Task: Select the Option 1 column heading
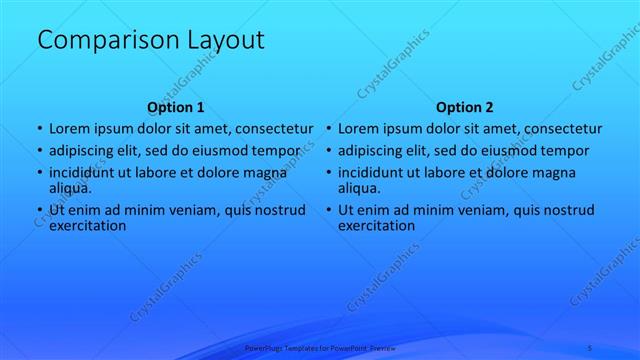(175, 107)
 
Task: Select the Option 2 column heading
(465, 107)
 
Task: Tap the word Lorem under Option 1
(71, 129)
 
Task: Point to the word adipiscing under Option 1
(84, 151)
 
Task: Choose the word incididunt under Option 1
(84, 173)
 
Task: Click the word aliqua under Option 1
(70, 187)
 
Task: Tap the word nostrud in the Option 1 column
(279, 210)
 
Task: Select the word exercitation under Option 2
(377, 225)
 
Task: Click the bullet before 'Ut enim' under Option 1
(39, 210)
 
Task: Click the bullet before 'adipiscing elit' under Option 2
(328, 151)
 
